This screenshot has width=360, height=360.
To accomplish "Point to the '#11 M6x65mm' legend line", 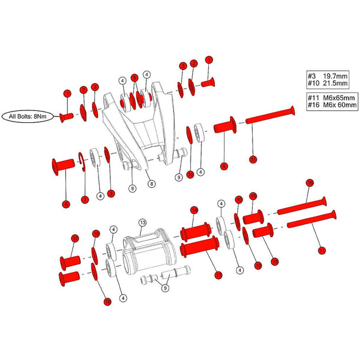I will (x=332, y=97).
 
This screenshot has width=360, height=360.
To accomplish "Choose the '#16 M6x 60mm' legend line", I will (x=332, y=105).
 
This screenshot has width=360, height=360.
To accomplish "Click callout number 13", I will (x=142, y=222).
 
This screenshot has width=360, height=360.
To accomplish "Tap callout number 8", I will (x=152, y=184).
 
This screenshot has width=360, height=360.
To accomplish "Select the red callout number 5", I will (x=135, y=77).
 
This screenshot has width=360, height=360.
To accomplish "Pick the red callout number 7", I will (x=84, y=198).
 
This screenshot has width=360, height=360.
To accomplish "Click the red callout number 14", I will (x=194, y=210).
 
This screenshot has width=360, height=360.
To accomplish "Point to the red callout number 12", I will (x=74, y=238).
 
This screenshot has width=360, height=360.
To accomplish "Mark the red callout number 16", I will (x=309, y=182).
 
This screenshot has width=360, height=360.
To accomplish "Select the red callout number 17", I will (x=219, y=274).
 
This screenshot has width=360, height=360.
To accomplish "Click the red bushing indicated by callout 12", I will (x=70, y=260).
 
